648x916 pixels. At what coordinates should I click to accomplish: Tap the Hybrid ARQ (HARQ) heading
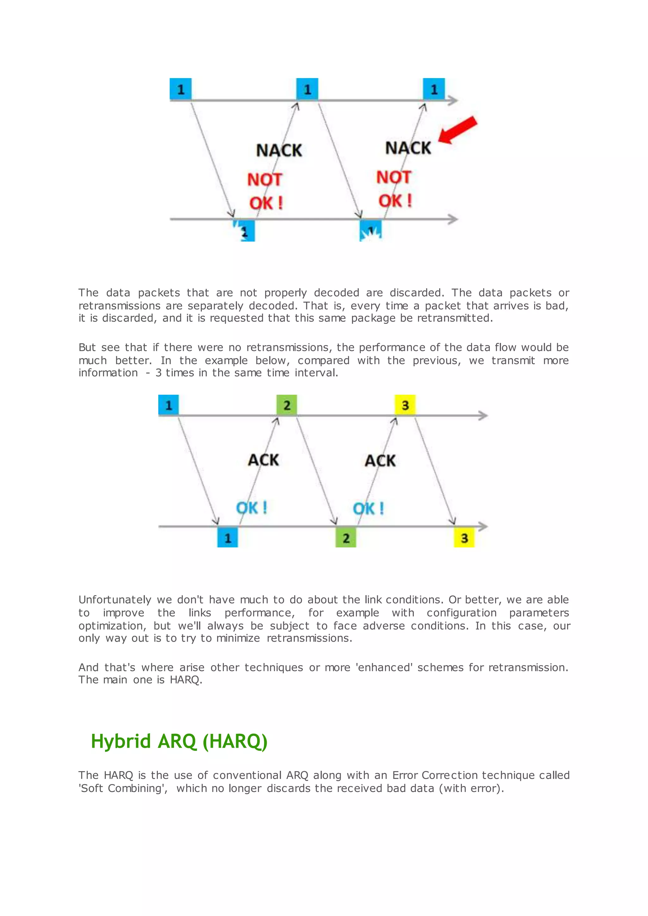(179, 741)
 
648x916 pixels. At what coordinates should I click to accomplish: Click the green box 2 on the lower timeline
(346, 538)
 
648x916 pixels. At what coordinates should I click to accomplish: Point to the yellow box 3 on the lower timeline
(464, 538)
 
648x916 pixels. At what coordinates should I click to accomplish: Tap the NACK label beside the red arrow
(408, 148)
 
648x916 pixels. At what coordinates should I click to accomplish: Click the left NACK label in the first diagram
(279, 151)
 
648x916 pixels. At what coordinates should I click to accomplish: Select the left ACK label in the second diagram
(263, 460)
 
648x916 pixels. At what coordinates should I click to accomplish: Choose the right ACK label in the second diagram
(380, 461)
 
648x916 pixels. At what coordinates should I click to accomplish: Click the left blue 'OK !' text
(251, 508)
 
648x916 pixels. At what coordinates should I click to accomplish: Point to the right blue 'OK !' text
(368, 509)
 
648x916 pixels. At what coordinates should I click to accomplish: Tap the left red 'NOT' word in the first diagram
(265, 180)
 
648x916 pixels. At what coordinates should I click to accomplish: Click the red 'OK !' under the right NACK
(395, 201)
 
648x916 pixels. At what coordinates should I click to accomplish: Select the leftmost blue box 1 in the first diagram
(180, 89)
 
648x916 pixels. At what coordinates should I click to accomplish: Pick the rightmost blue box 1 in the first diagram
(434, 89)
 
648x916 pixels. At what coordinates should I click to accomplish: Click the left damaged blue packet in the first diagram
(244, 231)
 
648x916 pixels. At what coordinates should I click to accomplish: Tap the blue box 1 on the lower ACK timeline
(227, 538)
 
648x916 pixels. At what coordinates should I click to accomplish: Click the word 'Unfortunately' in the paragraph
(115, 600)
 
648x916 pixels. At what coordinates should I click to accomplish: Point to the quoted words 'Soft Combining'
(123, 788)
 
